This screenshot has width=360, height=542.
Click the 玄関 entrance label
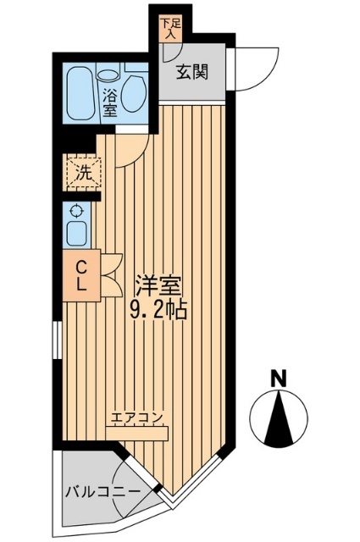click(x=193, y=73)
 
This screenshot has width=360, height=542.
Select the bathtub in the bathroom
click(x=82, y=92)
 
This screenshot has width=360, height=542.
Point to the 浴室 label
click(x=109, y=95)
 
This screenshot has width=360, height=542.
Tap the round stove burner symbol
click(x=76, y=212)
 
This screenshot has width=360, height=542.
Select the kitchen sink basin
click(x=76, y=233)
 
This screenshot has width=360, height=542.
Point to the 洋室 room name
click(x=155, y=285)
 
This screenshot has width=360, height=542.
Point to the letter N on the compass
click(x=276, y=377)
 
